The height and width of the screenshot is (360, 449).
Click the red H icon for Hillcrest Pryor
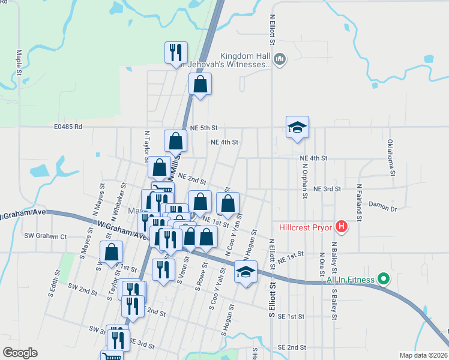click(341, 227)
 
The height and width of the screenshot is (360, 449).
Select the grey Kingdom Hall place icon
click(280, 59)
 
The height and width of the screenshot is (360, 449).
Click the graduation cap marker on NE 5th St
click(297, 128)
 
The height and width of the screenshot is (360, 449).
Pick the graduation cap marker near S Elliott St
click(246, 272)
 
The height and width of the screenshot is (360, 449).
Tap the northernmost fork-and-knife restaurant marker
click(176, 53)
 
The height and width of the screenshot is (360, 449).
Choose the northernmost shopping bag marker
click(200, 85)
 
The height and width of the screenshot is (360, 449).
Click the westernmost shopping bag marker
click(112, 253)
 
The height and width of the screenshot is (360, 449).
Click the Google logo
click(20, 353)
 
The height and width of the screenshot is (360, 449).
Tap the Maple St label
click(20, 62)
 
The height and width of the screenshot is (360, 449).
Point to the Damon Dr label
click(383, 208)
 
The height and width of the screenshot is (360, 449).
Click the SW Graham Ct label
click(46, 236)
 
